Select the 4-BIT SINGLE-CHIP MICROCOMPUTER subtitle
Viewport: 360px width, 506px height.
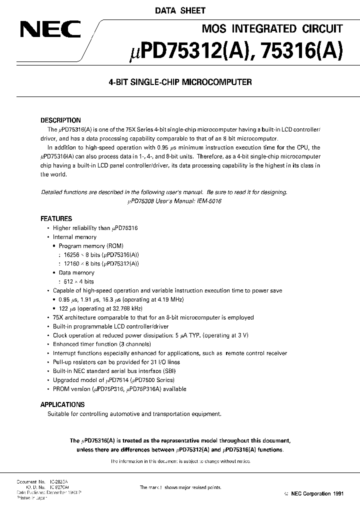click(179, 82)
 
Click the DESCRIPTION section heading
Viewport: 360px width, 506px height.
click(60, 120)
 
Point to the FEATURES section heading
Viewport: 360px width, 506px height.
click(56, 218)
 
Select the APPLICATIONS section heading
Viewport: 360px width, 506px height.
click(62, 404)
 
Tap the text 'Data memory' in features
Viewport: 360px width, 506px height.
click(76, 272)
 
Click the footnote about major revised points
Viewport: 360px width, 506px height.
click(180, 487)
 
